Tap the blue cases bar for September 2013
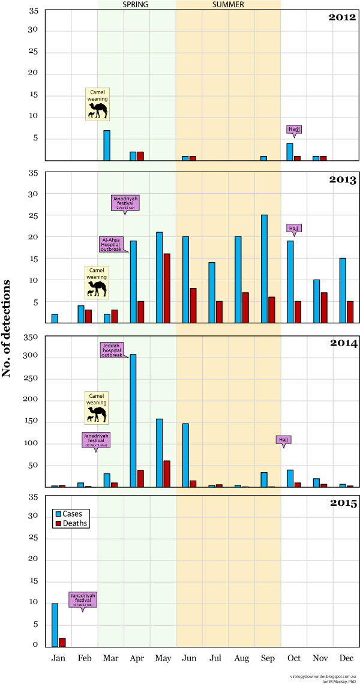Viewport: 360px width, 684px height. pyautogui.click(x=264, y=269)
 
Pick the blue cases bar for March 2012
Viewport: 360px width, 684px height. pyautogui.click(x=107, y=145)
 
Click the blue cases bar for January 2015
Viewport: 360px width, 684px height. pyautogui.click(x=55, y=625)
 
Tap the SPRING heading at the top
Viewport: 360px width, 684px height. pyautogui.click(x=136, y=5)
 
